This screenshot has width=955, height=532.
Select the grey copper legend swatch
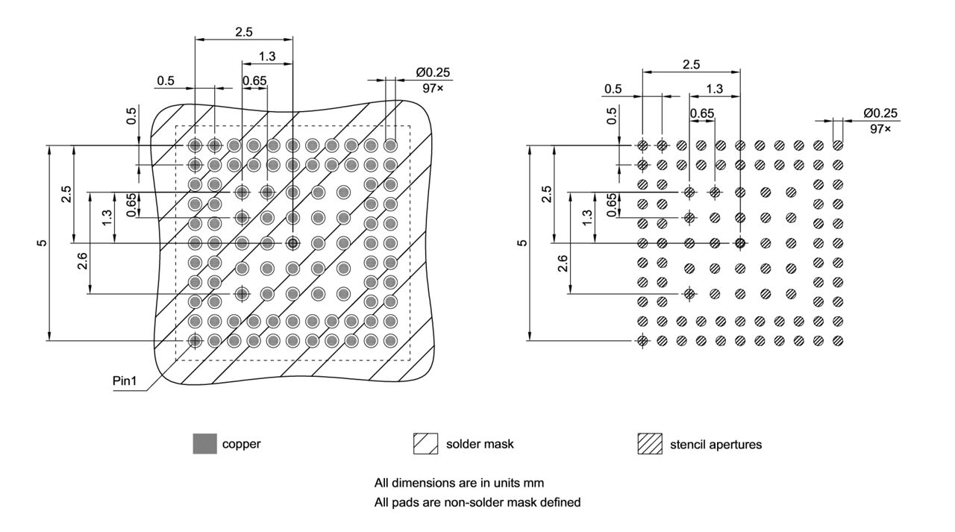point(205,444)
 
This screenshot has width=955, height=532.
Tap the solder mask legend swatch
point(425,444)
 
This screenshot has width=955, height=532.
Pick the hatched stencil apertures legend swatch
point(650,444)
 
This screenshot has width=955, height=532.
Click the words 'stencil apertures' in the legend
point(716,445)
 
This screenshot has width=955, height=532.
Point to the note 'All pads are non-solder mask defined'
point(477,502)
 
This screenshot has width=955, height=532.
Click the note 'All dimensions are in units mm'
point(458,483)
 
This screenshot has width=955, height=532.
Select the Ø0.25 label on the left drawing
point(433,72)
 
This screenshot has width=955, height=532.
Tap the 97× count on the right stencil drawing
point(880,128)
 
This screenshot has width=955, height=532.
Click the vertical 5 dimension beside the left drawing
point(42,243)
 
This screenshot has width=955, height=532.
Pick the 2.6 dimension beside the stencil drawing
point(563,262)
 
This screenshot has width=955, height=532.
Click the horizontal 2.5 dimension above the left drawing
point(243,32)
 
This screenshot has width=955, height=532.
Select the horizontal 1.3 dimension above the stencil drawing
point(714,89)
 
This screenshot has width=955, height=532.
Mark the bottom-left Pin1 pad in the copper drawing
point(195,341)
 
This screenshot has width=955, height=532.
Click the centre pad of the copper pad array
point(292,243)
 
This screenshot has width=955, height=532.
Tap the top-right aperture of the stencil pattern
point(838,145)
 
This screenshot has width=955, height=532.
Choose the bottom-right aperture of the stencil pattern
point(838,341)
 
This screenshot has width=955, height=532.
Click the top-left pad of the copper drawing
point(195,145)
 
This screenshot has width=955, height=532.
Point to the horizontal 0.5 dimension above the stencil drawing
point(613,89)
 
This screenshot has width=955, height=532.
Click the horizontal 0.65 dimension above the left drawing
point(254,81)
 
